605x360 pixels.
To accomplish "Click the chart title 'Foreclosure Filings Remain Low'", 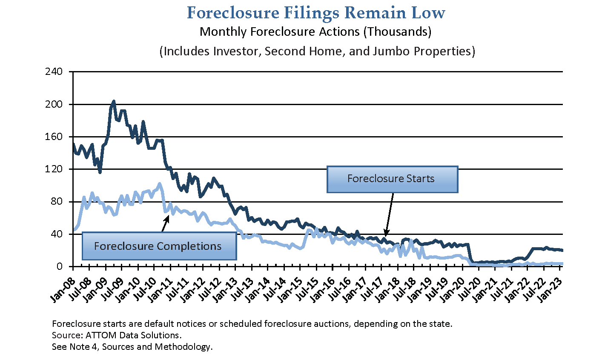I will tap(316, 13).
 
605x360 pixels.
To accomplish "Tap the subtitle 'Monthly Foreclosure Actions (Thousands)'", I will tap(315, 32).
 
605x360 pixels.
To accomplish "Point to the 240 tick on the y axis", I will tap(54, 71).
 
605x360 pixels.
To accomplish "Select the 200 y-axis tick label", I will tap(54, 104).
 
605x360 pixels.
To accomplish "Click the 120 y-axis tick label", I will tap(54, 169).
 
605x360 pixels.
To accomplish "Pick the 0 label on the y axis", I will tap(60, 267).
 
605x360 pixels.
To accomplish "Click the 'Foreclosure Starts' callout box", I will tap(392, 179).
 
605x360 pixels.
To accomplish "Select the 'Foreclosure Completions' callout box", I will tap(158, 246).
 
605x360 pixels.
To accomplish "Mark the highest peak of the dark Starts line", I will tap(113, 101).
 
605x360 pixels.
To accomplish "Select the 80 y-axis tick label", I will tap(56, 202).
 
